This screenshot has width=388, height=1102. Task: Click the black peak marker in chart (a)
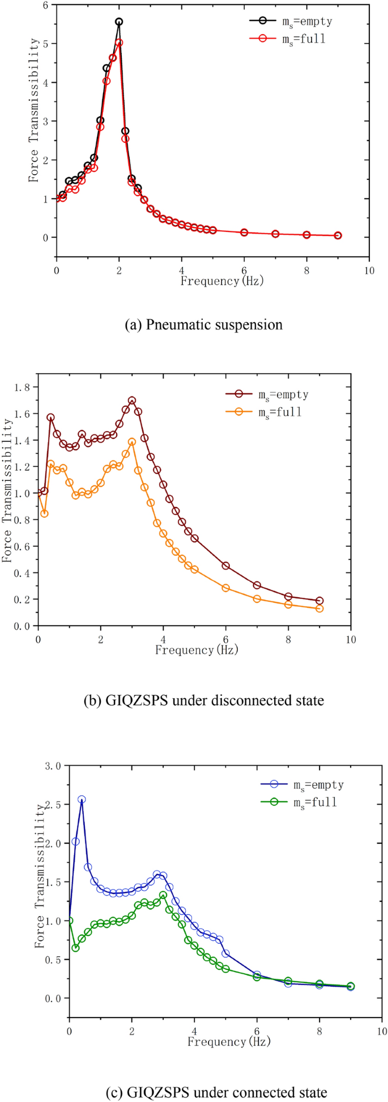(x=119, y=22)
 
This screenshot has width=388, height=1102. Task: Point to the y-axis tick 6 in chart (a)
(x=46, y=5)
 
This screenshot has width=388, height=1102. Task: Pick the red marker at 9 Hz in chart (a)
(x=338, y=235)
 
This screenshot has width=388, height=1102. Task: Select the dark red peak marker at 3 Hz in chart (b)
(x=132, y=400)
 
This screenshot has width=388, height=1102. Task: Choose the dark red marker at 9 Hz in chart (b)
(x=319, y=601)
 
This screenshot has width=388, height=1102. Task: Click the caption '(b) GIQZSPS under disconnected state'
(x=204, y=700)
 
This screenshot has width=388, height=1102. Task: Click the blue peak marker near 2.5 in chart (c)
(x=82, y=799)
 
